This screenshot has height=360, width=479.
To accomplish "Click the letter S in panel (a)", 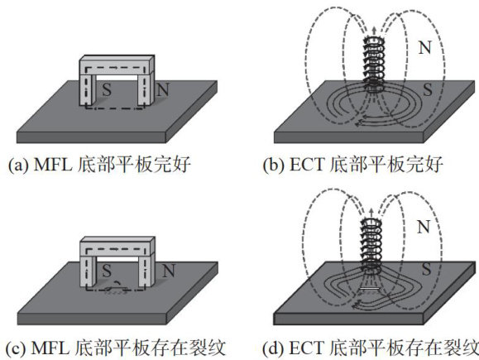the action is coord(107,90).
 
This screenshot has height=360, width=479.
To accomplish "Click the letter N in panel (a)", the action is coord(163,90).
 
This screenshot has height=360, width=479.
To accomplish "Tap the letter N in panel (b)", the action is coord(424,48).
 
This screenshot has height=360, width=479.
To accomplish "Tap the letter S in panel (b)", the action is coord(428,90).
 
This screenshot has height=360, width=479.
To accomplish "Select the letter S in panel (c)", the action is coord(107,271).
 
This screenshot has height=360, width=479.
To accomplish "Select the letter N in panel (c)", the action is coord(168,271).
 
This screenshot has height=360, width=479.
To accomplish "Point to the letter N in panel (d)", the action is coord(424,227).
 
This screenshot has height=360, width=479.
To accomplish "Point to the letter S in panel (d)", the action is coord(426,269).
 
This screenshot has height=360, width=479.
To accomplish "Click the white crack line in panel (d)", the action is coord(370,288).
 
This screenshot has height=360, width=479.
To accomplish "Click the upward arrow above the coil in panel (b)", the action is coord(374,31).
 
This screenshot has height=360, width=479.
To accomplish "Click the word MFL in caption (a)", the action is coord(53,165).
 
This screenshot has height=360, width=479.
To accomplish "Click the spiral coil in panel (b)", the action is coord(374,65).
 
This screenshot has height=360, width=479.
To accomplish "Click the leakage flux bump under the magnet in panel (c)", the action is coord(117,284).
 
